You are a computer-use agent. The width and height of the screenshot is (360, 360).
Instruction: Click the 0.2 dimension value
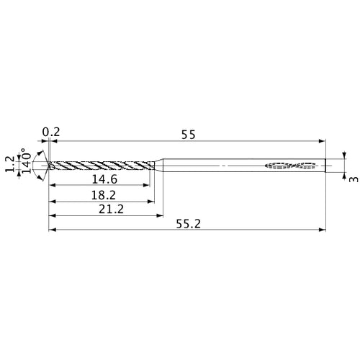click(x=51, y=132)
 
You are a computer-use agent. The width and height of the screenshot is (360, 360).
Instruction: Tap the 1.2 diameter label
click(x=9, y=166)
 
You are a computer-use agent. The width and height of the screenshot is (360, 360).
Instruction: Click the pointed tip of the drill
click(x=49, y=166)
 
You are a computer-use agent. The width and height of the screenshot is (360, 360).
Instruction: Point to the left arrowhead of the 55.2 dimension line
click(x=51, y=231)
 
